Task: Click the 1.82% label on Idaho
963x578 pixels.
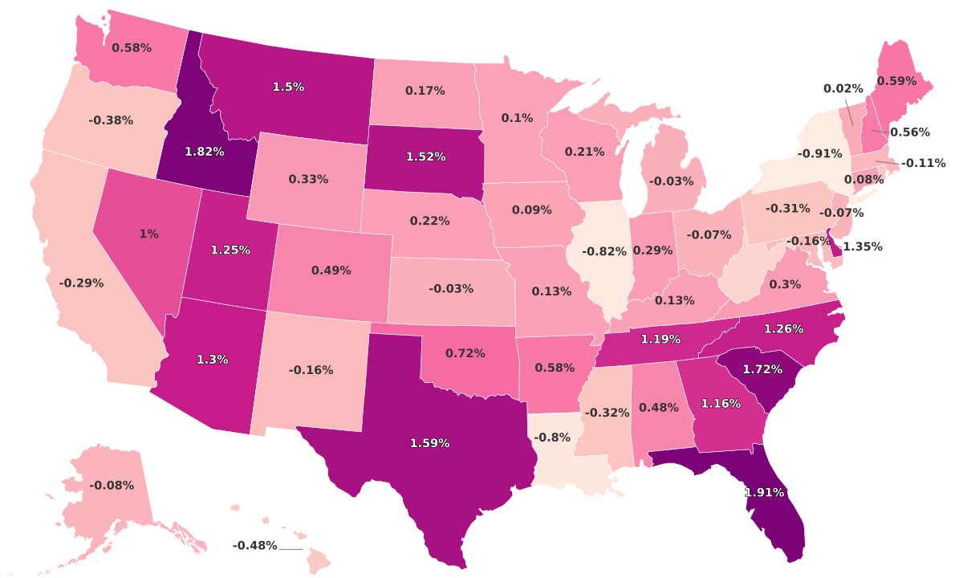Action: click(204, 151)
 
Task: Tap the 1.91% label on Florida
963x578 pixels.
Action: click(764, 492)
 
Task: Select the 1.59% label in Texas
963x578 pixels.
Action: click(429, 442)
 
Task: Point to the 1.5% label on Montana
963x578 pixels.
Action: click(288, 87)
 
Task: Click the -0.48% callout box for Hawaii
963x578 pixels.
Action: click(254, 546)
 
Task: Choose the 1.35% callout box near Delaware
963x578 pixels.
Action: click(862, 246)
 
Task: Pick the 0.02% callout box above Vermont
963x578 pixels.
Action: click(843, 88)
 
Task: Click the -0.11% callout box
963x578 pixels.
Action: click(923, 163)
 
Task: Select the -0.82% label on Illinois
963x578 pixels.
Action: click(603, 251)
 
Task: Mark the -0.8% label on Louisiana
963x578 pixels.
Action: click(551, 438)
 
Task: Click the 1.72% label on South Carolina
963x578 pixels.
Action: click(762, 368)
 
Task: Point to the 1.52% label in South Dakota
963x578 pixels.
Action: click(425, 157)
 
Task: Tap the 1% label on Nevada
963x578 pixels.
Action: click(148, 234)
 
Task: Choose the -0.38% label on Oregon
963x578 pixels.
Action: click(111, 120)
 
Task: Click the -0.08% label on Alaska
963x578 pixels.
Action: click(112, 485)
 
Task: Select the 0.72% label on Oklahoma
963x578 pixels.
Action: click(465, 352)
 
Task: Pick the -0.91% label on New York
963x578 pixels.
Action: click(819, 153)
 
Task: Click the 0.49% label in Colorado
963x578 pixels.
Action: click(331, 271)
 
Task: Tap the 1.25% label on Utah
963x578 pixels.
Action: click(230, 250)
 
